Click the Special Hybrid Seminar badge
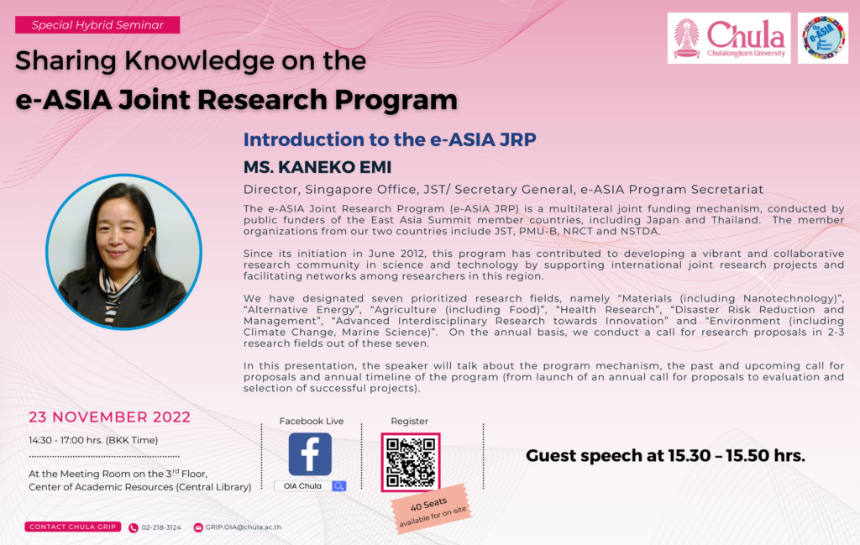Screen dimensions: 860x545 pos(97,24)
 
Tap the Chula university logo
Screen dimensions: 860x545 pos(729,39)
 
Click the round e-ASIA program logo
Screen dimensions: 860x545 pos(823,39)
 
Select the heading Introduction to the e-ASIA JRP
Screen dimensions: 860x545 pos(390,139)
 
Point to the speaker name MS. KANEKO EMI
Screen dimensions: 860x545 pos(317,167)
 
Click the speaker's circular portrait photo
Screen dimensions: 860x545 pos(123,252)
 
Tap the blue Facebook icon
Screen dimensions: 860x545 pos(310,454)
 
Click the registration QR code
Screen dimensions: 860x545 pos(411,462)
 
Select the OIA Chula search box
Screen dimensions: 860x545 pos(303,486)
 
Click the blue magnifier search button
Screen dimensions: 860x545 pos(339,486)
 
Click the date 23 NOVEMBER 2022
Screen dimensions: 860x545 pos(110,417)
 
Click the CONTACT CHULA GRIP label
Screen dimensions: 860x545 pos(73,527)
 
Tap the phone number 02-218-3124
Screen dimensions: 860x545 pos(161,527)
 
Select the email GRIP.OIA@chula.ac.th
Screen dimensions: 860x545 pos(243,527)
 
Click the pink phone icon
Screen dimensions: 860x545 pos(134,528)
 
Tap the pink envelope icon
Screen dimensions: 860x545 pos(198,527)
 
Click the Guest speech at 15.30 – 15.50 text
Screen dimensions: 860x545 pos(665,456)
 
